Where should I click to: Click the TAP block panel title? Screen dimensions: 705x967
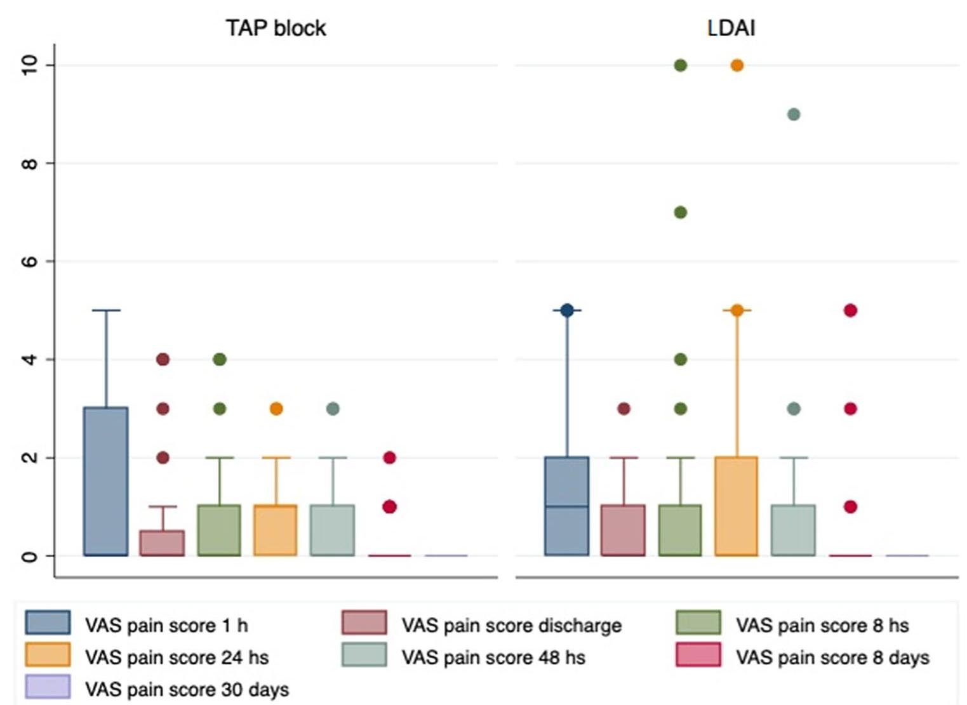tap(276, 28)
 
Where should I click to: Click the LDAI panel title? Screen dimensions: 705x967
tap(731, 28)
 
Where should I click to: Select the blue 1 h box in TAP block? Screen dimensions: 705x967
tap(106, 481)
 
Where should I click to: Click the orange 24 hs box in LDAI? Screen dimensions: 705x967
tap(737, 506)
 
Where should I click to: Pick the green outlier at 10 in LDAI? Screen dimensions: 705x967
tap(680, 65)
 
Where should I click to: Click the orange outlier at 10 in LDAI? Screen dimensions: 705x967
tap(737, 65)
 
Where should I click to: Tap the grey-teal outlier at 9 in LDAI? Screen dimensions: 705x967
tap(793, 114)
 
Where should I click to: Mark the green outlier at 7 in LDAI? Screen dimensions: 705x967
tap(680, 213)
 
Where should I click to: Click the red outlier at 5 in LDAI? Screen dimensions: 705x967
tap(850, 310)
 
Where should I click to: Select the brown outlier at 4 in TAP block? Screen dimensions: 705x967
tap(163, 360)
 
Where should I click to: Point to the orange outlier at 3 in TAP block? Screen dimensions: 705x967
tap(276, 409)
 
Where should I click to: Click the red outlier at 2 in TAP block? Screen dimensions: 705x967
tap(389, 458)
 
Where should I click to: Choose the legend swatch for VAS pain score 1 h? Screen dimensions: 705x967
tap(48, 623)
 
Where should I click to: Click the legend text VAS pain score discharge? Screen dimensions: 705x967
tap(511, 626)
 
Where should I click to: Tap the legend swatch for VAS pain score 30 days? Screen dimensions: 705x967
tap(48, 687)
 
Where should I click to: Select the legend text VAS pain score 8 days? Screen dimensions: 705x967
tap(832, 657)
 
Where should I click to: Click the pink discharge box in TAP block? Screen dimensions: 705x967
tap(163, 543)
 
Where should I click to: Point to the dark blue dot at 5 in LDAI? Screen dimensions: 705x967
tap(567, 310)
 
